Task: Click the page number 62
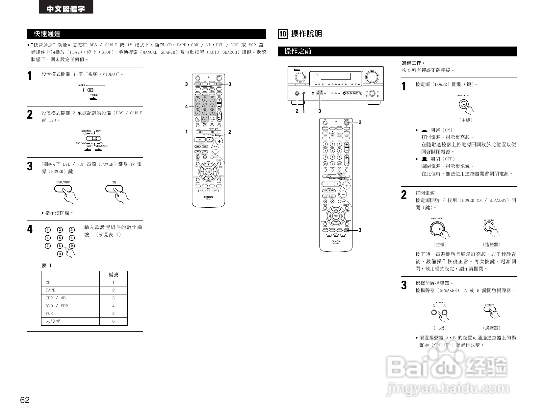tap(25, 400)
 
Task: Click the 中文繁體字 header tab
tap(66, 9)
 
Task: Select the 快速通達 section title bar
tap(146, 34)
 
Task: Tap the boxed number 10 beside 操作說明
tap(283, 34)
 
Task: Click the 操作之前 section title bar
tap(397, 51)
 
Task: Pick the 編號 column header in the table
tap(113, 275)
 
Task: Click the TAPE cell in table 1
tap(51, 290)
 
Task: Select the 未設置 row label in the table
tap(53, 321)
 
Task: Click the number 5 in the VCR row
tap(114, 314)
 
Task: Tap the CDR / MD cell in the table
tap(56, 298)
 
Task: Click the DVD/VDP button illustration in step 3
tap(63, 189)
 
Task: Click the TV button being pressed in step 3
tap(114, 189)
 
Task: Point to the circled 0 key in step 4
tap(60, 254)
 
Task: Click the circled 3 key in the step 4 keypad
tap(72, 230)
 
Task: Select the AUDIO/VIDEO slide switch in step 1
tap(88, 90)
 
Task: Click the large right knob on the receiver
tap(371, 77)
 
